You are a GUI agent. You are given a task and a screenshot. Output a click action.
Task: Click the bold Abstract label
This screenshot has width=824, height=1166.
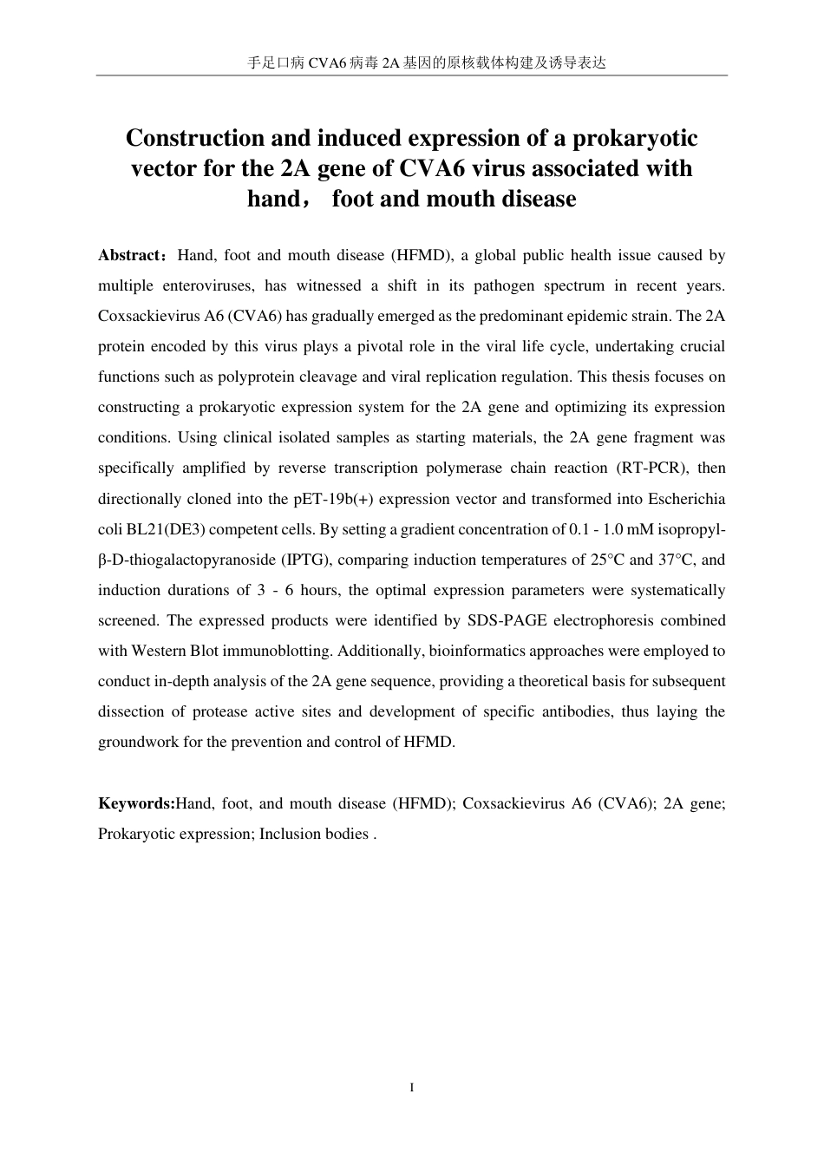point(129,255)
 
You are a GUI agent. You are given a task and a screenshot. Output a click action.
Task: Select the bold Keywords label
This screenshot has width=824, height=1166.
point(136,803)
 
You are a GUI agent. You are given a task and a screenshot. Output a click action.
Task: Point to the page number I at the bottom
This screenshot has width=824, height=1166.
point(411,1088)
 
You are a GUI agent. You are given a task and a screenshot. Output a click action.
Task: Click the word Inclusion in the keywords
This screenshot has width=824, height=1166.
point(290,834)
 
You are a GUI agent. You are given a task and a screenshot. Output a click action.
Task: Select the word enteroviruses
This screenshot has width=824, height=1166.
point(208,285)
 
